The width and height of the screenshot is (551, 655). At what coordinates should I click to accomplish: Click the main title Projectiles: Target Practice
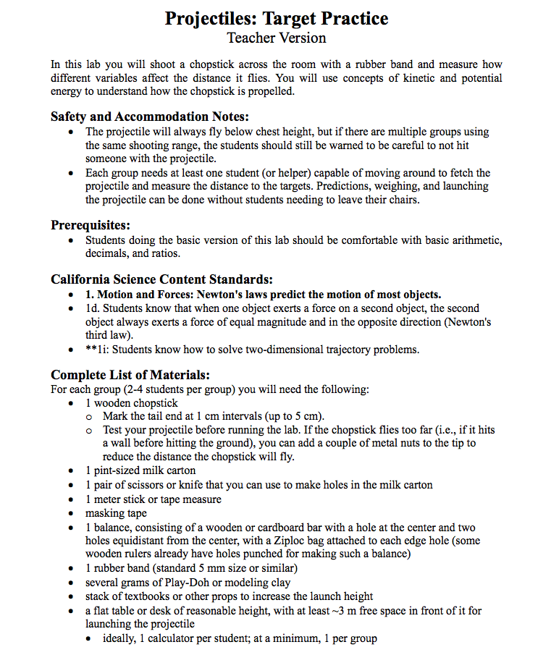click(276, 18)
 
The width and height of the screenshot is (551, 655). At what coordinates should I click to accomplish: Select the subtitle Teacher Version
click(276, 38)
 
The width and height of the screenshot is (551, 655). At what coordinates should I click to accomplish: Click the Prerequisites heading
click(90, 225)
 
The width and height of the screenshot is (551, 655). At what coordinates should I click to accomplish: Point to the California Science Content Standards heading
click(161, 279)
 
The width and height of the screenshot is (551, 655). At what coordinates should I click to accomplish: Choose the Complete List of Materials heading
click(130, 374)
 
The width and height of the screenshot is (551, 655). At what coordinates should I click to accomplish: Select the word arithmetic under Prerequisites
click(468, 240)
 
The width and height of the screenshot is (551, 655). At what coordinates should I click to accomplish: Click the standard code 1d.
click(91, 308)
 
